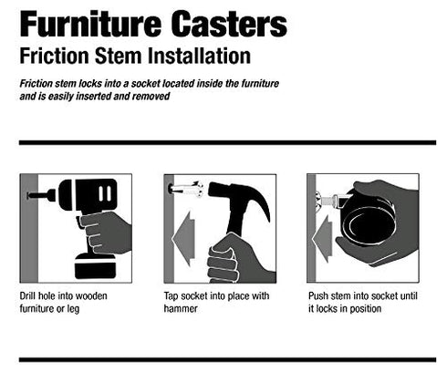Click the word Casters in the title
[229, 24]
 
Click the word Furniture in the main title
[90, 24]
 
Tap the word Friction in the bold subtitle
[54, 57]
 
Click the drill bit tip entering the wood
[28, 195]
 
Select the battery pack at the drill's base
[96, 266]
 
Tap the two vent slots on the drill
[105, 193]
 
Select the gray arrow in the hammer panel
[183, 239]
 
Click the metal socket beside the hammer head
[185, 189]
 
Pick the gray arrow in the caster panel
[322, 239]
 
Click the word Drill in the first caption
[27, 295]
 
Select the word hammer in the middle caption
[181, 309]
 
